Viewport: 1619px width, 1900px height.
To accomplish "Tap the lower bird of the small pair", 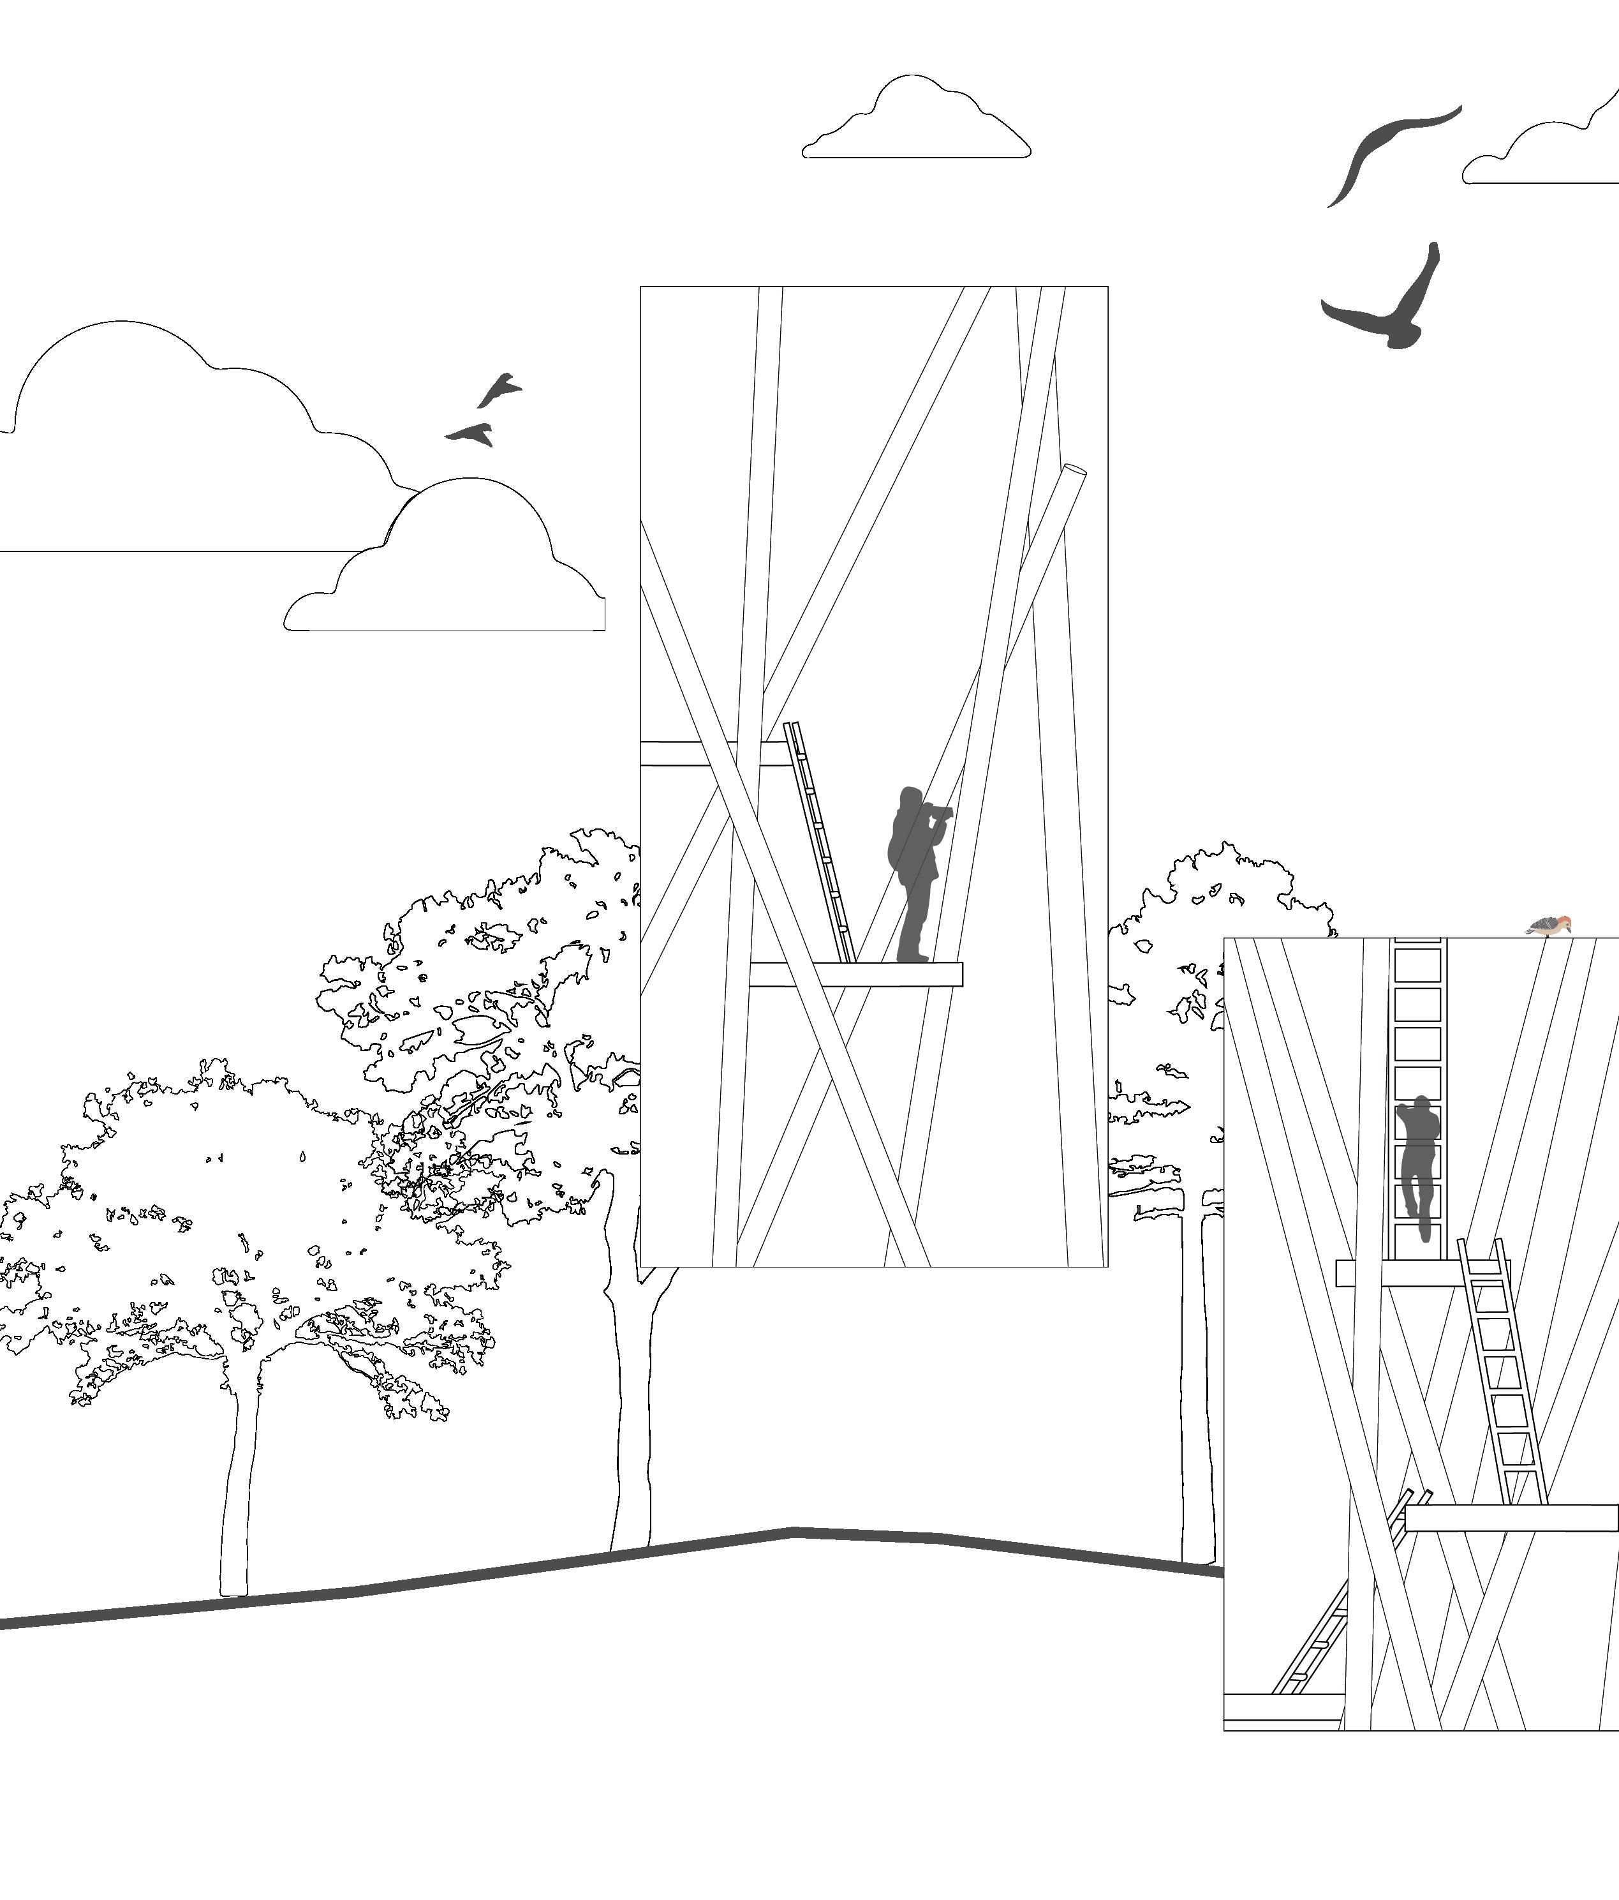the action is click(471, 433).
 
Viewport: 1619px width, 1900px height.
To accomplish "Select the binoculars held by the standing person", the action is click(939, 810).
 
